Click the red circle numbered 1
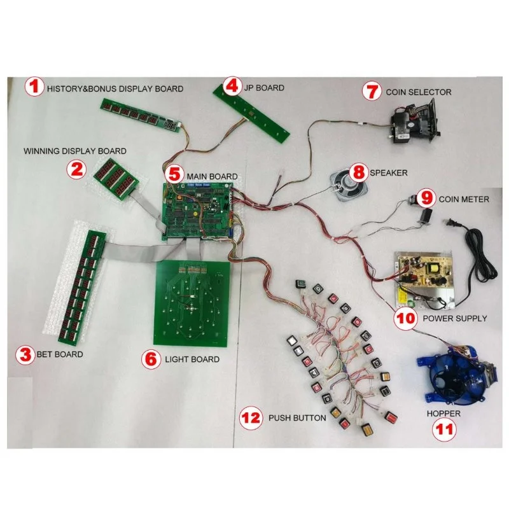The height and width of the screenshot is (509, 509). (35, 88)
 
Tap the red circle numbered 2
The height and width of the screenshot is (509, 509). (78, 169)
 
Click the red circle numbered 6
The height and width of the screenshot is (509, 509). (151, 359)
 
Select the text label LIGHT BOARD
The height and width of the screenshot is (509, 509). (192, 359)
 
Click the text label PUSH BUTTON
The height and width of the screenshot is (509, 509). (297, 418)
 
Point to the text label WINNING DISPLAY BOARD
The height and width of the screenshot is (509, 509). (74, 151)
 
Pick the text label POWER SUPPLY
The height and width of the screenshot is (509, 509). (455, 318)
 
